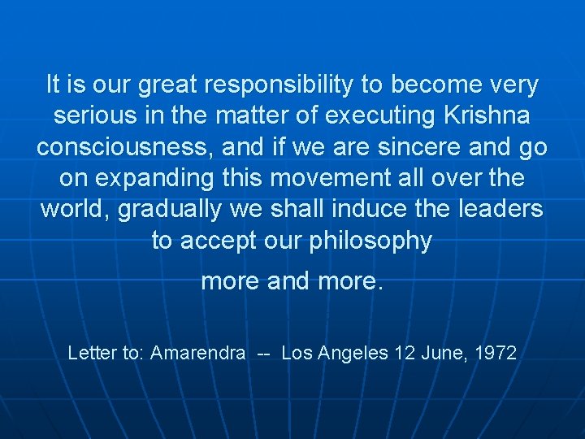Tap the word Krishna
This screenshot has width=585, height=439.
coord(486,116)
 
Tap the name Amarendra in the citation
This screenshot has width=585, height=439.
coord(197,353)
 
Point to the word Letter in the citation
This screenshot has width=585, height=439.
coord(91,353)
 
